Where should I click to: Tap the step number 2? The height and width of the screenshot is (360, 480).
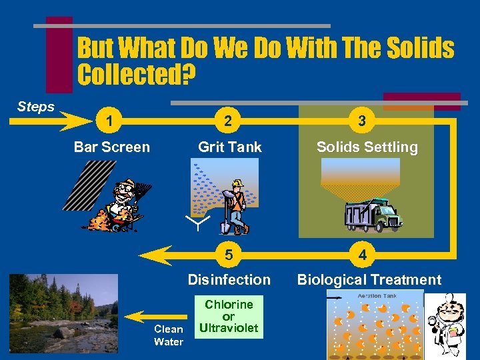tap(229, 121)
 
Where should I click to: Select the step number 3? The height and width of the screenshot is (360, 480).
tap(362, 121)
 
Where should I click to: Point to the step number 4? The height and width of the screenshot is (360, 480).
tap(362, 255)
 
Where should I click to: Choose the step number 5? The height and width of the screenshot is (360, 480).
tap(229, 255)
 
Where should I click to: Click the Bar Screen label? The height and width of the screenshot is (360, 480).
tap(112, 147)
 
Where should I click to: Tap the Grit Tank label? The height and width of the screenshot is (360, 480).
tap(230, 147)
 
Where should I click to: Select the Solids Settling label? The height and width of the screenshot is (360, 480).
tap(367, 147)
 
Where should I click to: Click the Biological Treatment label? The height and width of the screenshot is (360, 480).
tap(369, 280)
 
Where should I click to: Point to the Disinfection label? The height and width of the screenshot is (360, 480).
tap(229, 280)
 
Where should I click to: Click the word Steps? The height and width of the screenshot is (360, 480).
tap(36, 107)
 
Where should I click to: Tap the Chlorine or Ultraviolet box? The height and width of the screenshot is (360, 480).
tap(229, 317)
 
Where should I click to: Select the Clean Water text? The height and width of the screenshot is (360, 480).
tap(169, 335)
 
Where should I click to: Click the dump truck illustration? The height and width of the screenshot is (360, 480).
tap(373, 214)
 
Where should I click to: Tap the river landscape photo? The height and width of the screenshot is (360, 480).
tap(63, 313)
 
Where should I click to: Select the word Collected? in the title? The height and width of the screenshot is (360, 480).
tap(137, 75)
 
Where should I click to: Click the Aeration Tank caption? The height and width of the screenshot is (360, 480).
tap(377, 295)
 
